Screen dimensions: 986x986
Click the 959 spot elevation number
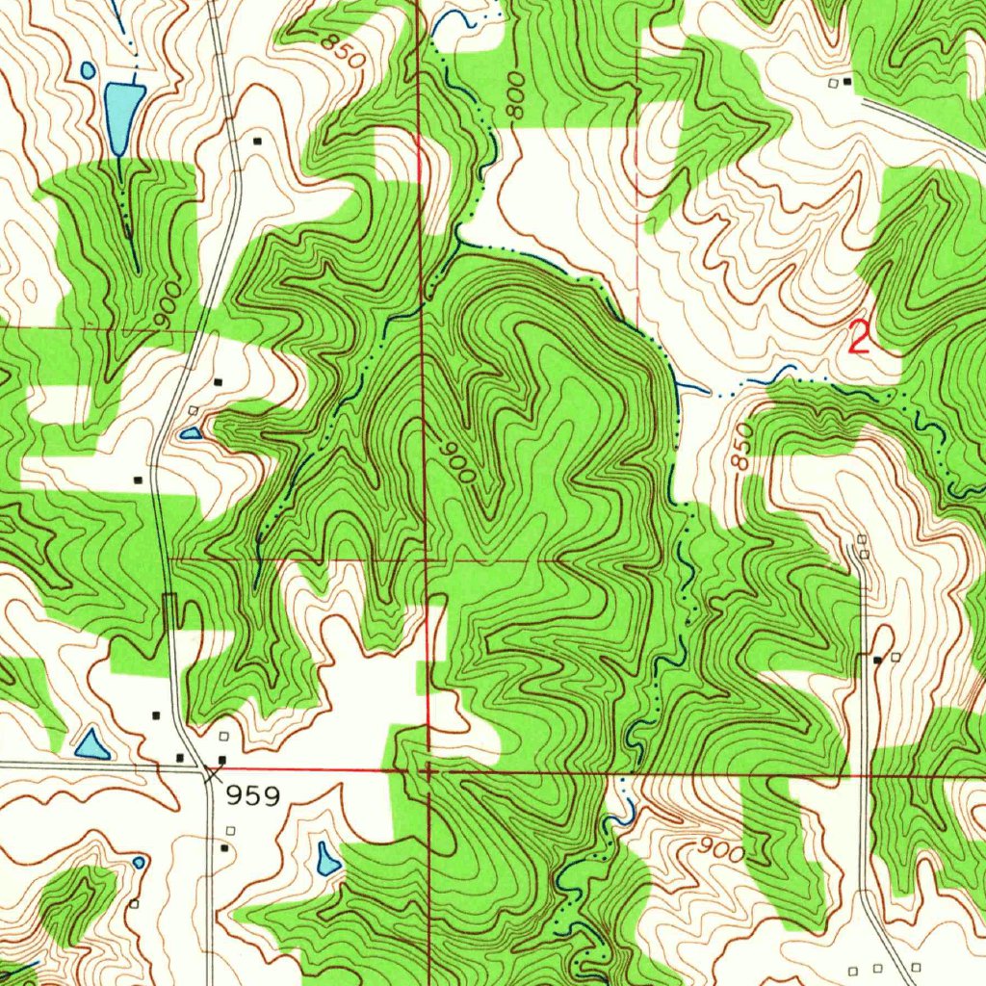pyautogui.click(x=253, y=796)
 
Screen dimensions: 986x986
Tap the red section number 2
pyautogui.click(x=859, y=338)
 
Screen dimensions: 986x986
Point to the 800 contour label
pyautogui.click(x=516, y=96)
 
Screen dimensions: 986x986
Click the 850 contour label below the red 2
pyautogui.click(x=740, y=449)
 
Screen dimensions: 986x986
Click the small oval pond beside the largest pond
pyautogui.click(x=89, y=70)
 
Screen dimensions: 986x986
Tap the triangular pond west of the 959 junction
pyautogui.click(x=91, y=743)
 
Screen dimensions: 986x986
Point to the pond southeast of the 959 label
pyautogui.click(x=327, y=858)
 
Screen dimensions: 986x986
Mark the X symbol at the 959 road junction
pyautogui.click(x=212, y=771)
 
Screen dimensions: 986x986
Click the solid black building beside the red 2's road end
pyautogui.click(x=847, y=82)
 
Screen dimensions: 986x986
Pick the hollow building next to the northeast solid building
pyautogui.click(x=834, y=83)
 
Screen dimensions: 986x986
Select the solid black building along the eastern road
pyautogui.click(x=877, y=660)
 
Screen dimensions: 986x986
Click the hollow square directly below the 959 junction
pyautogui.click(x=230, y=829)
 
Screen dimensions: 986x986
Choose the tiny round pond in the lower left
pyautogui.click(x=139, y=862)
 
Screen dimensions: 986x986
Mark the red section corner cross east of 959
pyautogui.click(x=427, y=770)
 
